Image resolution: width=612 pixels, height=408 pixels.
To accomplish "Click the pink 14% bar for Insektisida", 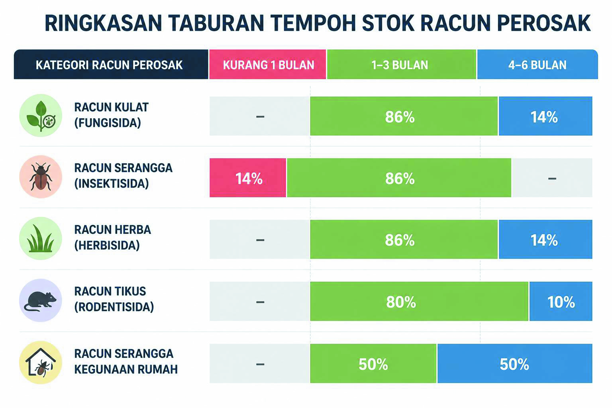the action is (x=248, y=178).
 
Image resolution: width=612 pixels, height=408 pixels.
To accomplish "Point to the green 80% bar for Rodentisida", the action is (x=419, y=301).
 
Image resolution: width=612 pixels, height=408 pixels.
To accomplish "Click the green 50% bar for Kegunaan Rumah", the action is (x=373, y=363).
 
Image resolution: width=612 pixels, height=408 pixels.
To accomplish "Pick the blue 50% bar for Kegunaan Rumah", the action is (x=515, y=363).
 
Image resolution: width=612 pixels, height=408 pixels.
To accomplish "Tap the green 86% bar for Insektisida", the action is (x=399, y=178).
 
